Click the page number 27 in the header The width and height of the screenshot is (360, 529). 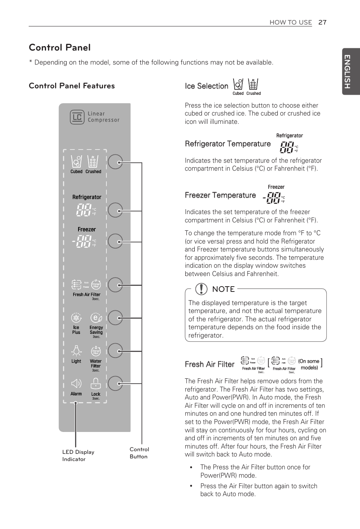pyautogui.click(x=322, y=22)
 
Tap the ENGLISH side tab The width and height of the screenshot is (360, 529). pyautogui.click(x=348, y=71)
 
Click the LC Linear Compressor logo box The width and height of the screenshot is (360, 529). pyautogui.click(x=77, y=117)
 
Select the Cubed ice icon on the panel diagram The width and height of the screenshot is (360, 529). pyautogui.click(x=77, y=162)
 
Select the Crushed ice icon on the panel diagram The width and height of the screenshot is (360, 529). pyautogui.click(x=93, y=162)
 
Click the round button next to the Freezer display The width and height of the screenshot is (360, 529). pyautogui.click(x=115, y=241)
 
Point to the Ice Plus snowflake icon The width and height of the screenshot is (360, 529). pyautogui.click(x=76, y=318)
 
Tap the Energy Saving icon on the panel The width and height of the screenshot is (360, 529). pyautogui.click(x=96, y=318)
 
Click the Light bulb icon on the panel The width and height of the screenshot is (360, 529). pyautogui.click(x=77, y=351)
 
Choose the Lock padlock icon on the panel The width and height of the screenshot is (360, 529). pyautogui.click(x=96, y=384)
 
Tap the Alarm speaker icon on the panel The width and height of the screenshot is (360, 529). pyautogui.click(x=76, y=384)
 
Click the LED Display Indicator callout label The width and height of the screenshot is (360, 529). pyautogui.click(x=78, y=455)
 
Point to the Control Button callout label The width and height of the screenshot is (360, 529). pyautogui.click(x=139, y=453)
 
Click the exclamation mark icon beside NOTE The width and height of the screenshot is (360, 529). pyautogui.click(x=202, y=289)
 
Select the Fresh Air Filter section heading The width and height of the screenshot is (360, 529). pyautogui.click(x=209, y=364)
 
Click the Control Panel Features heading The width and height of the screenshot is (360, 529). pyautogui.click(x=72, y=86)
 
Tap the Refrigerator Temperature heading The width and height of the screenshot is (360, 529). pyautogui.click(x=228, y=144)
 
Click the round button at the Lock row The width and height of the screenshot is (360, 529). pyautogui.click(x=115, y=384)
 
